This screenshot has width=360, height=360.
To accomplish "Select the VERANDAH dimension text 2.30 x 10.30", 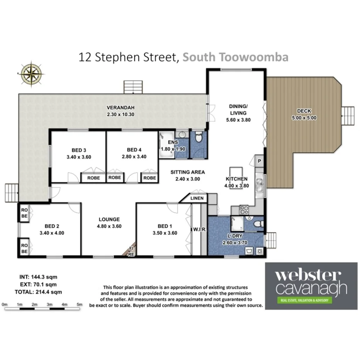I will click(121, 115).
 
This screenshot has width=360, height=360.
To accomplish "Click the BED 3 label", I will click(78, 150).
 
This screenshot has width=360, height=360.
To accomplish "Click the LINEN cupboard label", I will click(198, 198).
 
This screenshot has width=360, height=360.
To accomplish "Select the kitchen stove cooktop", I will click(244, 210).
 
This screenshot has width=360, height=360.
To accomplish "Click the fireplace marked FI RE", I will click(131, 251).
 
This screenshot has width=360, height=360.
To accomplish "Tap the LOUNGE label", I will click(109, 219).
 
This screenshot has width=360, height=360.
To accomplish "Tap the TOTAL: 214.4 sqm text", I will click(40, 292).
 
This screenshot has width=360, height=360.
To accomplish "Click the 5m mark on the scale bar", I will click(80, 304).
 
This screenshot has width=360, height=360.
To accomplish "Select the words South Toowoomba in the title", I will click(235, 57).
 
